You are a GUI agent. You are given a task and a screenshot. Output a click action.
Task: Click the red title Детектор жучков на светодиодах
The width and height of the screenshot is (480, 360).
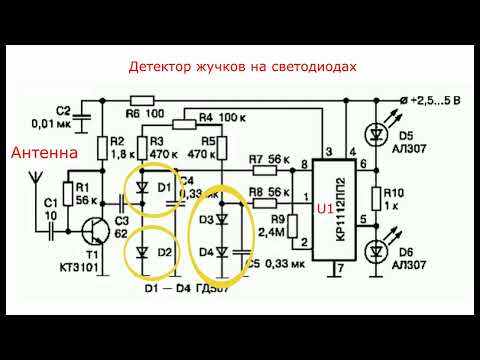coord(242,66)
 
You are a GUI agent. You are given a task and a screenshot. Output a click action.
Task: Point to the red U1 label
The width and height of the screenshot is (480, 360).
coord(326,209)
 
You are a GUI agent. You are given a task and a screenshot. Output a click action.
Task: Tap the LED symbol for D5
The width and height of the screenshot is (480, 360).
coord(379,131)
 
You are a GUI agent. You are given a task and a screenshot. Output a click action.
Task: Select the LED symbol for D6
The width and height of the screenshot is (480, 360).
coord(379,250)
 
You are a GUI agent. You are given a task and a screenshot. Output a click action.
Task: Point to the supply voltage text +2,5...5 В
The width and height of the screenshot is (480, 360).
coord(432,100)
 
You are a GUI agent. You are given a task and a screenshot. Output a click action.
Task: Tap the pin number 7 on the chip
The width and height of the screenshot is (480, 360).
coord(340,267)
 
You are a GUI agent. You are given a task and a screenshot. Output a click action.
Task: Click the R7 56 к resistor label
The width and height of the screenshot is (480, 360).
coord(263,160)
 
